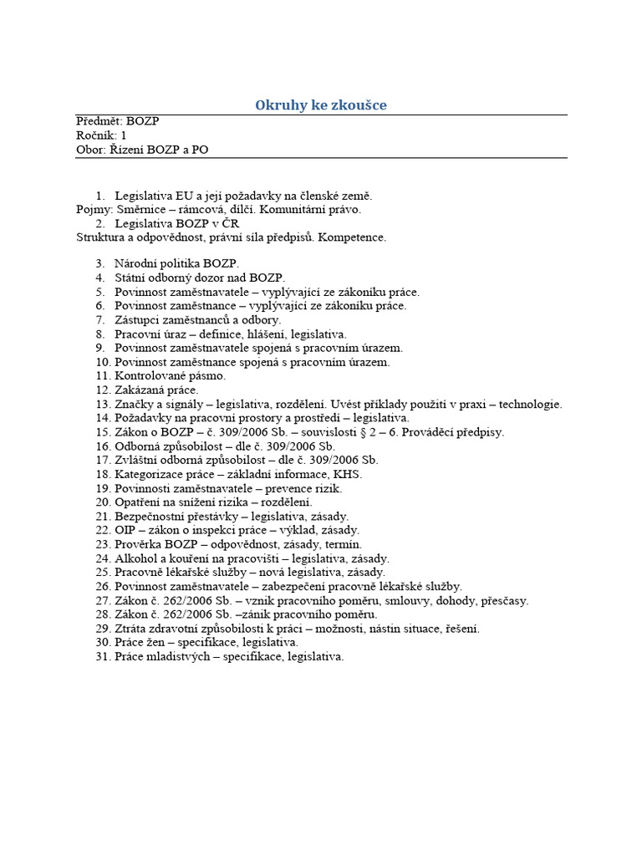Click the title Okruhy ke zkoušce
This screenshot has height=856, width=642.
pos(321,104)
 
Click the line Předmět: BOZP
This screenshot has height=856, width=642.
pos(117,121)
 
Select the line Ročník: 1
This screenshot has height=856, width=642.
pos(101,135)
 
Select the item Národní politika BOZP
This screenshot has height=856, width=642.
pos(176,263)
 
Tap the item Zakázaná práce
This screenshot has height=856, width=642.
pos(156,390)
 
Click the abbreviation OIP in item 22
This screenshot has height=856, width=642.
pos(126,531)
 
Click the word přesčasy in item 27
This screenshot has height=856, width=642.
pos(502,601)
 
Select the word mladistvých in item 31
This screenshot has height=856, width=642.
pos(182,657)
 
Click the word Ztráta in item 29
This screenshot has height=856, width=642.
pos(131,629)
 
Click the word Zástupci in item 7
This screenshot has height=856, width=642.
pos(139,320)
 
